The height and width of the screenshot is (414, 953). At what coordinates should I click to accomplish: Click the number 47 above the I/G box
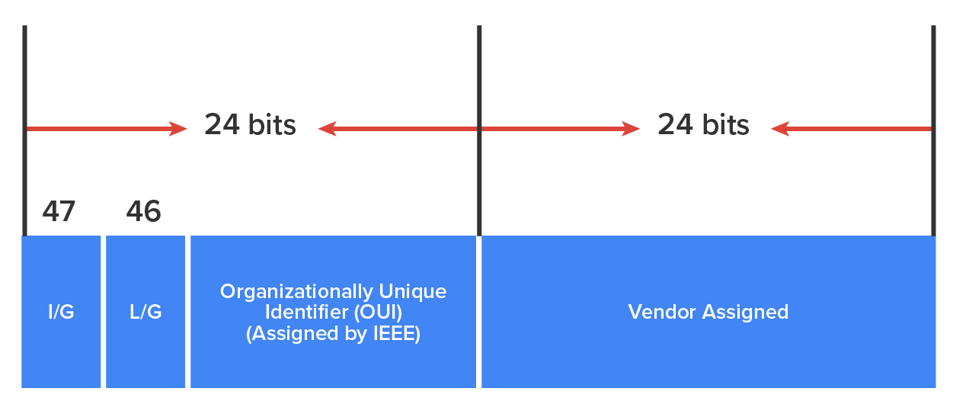pos(59,211)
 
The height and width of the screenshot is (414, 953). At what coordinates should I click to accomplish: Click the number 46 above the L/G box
pos(143,211)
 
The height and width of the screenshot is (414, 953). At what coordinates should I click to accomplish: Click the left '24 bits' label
pos(250,124)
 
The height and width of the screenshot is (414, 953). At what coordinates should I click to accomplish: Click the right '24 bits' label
pos(703,124)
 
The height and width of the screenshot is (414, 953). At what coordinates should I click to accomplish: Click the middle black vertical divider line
pos(479,76)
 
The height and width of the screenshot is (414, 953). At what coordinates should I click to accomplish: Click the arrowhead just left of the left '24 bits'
pos(180,129)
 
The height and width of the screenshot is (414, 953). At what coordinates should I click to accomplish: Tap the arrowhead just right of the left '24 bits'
pos(326,129)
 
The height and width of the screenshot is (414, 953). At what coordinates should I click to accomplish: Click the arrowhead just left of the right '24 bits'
pos(632,129)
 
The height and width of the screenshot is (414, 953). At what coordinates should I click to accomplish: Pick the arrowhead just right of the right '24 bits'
pos(779,129)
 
